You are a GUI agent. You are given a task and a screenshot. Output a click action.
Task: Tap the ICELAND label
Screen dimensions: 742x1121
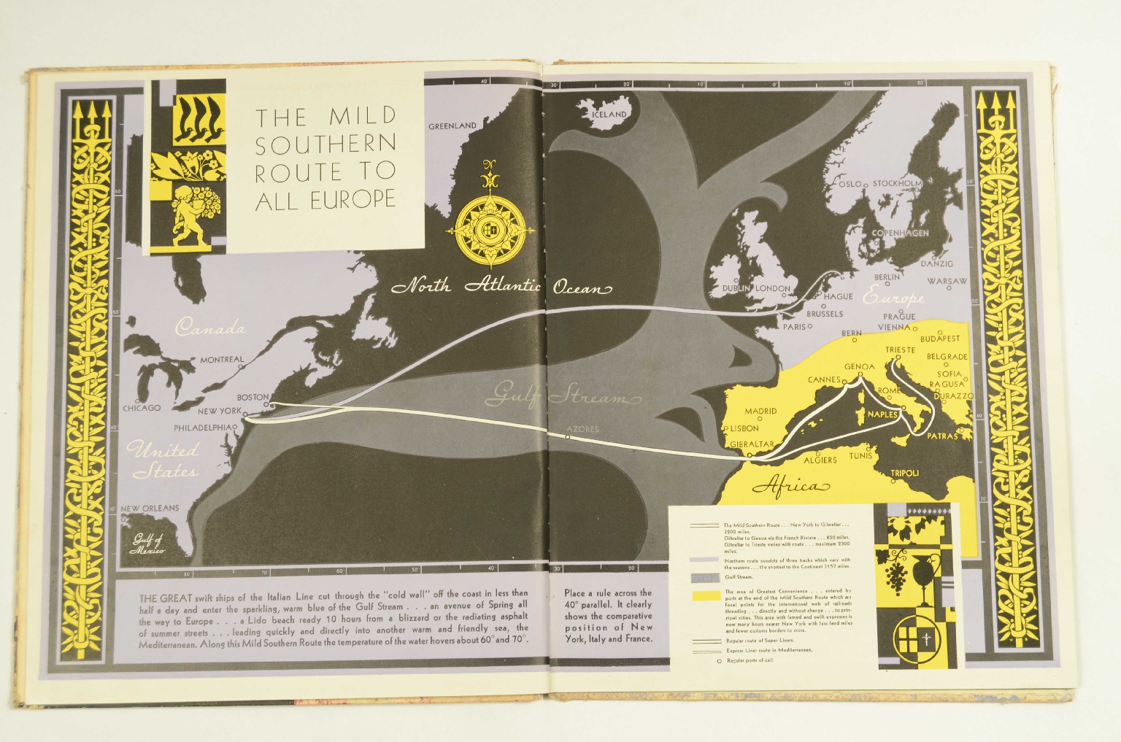pos(609,115)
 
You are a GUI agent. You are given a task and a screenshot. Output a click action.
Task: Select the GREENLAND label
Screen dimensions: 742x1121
pos(452,126)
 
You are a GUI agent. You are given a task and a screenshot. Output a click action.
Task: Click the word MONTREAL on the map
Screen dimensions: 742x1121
pos(222,360)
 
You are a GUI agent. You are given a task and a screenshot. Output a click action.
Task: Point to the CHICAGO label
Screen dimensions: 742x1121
pos(142,408)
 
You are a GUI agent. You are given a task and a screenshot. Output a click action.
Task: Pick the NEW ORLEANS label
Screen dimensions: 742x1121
pos(150,508)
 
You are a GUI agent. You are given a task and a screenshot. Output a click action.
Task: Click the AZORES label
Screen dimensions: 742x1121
pos(582,429)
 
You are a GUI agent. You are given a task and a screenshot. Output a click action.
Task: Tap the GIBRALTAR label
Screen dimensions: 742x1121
pos(752,444)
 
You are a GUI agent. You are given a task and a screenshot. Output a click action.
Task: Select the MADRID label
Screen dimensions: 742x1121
pos(760,411)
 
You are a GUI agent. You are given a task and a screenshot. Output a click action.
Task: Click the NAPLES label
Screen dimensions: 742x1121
pos(882,414)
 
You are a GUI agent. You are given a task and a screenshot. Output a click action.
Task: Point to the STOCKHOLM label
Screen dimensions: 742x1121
pos(897,183)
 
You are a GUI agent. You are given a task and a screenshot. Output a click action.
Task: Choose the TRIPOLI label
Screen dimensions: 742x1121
pos(904,474)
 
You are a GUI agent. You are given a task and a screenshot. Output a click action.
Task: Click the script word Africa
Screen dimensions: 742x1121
pos(791,487)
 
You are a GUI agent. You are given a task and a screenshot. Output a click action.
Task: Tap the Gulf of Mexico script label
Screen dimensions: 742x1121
pos(148,544)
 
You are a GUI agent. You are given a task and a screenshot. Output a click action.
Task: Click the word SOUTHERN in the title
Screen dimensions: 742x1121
pos(325,144)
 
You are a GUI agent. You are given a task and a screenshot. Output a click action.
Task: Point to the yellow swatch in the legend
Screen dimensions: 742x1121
pos(705,596)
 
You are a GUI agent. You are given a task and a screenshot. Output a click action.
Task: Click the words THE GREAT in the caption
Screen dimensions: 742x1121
pos(166,598)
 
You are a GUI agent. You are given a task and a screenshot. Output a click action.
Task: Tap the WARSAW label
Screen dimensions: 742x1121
pos(947,282)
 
